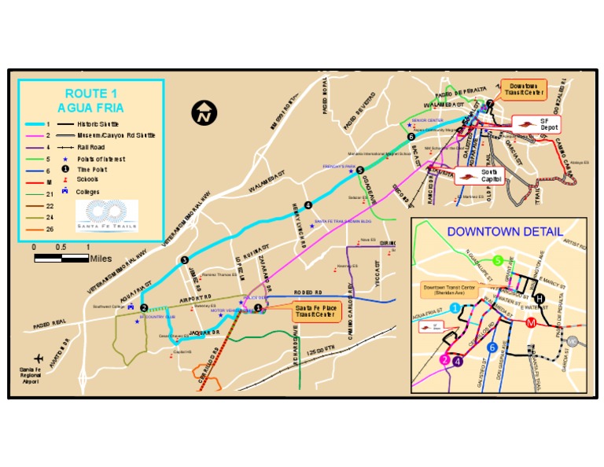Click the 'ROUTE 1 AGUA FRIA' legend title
(91, 100)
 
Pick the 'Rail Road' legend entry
(93, 146)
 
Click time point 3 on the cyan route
(184, 259)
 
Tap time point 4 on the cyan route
(308, 205)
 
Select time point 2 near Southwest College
(144, 307)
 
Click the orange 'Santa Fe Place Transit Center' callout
(315, 311)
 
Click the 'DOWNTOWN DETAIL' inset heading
(505, 232)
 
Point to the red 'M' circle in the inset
(532, 322)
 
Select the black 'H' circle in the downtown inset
(540, 298)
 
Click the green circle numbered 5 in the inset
(498, 261)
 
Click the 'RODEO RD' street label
(308, 292)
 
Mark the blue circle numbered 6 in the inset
(492, 347)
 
